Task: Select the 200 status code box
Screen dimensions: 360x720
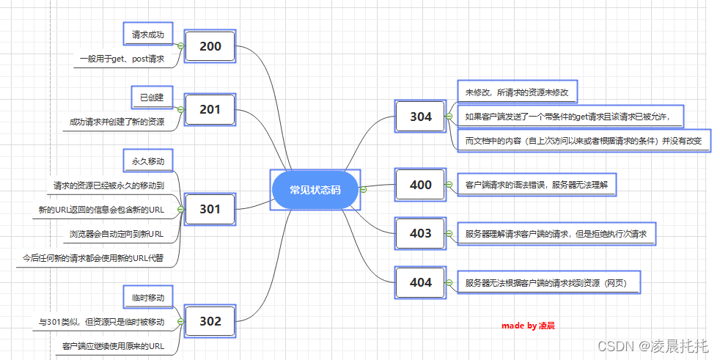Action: pos(210,47)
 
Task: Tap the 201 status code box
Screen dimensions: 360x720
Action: pos(210,110)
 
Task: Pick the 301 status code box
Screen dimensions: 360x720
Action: pos(210,209)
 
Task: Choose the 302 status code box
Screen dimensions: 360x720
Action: pos(210,320)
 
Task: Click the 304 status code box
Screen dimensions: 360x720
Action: pos(421,117)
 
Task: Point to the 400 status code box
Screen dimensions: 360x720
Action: pos(421,185)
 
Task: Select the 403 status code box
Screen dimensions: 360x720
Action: pos(421,234)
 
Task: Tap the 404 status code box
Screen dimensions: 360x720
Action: pos(421,282)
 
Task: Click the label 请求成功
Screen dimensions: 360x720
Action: pos(147,34)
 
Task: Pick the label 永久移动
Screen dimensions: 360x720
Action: pos(147,161)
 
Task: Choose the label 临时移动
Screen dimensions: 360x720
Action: pos(147,298)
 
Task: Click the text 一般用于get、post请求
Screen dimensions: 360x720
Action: pos(122,59)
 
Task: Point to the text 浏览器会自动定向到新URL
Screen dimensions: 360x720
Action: pos(117,234)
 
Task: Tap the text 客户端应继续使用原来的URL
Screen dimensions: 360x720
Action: pos(113,345)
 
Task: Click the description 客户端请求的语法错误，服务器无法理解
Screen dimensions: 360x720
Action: pos(537,185)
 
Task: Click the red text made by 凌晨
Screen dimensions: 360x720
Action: pos(528,325)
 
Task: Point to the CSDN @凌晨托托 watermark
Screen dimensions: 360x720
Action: pos(653,345)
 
